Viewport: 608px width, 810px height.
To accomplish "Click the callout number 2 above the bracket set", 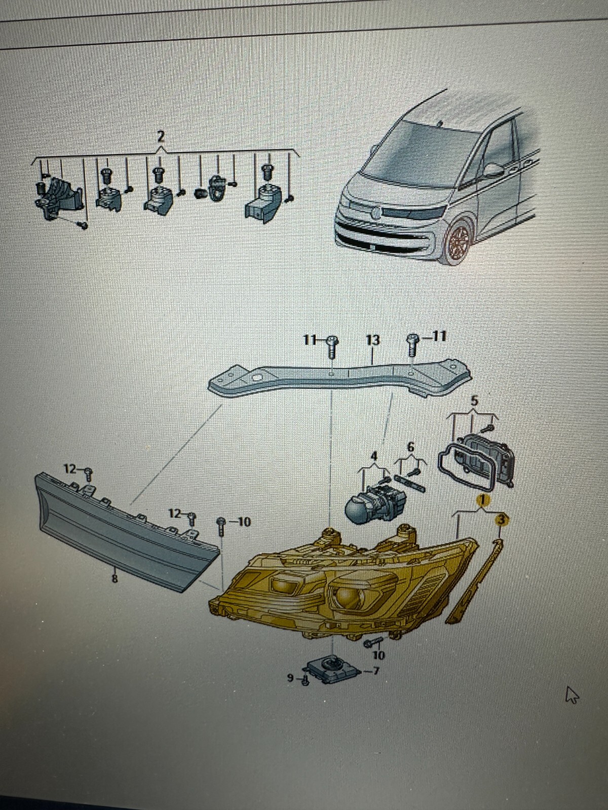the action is pyautogui.click(x=160, y=137).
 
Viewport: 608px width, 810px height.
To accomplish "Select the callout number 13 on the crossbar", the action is pyautogui.click(x=373, y=340).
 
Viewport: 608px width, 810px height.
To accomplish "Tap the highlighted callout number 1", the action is pyautogui.click(x=483, y=501).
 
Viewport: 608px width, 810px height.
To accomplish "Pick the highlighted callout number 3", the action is pyautogui.click(x=501, y=520).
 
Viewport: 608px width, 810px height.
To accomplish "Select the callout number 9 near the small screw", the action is pyautogui.click(x=290, y=677).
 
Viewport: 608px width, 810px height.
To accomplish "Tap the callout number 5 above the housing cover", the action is pyautogui.click(x=475, y=400).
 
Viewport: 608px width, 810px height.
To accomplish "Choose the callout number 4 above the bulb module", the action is pyautogui.click(x=374, y=456).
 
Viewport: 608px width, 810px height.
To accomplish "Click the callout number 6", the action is pyautogui.click(x=410, y=447).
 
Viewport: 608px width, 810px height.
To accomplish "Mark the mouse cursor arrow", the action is pyautogui.click(x=572, y=695).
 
